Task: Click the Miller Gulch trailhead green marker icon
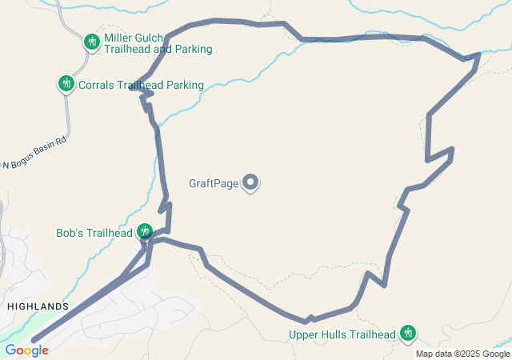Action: pos(92,41)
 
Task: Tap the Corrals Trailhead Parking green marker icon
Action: pos(66,83)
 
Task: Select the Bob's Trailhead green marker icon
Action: pos(145,231)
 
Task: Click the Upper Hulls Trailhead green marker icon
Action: pos(408,332)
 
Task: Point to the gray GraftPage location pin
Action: pos(251,183)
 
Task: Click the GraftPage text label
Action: pos(214,183)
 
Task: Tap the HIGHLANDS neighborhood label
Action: pos(38,306)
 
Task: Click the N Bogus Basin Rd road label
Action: pos(34,153)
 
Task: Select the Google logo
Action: pos(26,350)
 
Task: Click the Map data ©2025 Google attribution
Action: pos(462,354)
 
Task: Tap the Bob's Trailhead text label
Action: pos(94,234)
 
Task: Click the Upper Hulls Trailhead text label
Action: pos(343,334)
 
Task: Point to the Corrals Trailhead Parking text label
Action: pos(141,85)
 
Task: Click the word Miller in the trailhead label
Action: pos(118,38)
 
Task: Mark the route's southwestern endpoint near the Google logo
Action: pos(34,340)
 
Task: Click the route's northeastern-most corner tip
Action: pos(478,54)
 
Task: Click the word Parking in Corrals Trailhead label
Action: pos(183,85)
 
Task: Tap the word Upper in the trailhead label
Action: pos(304,334)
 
